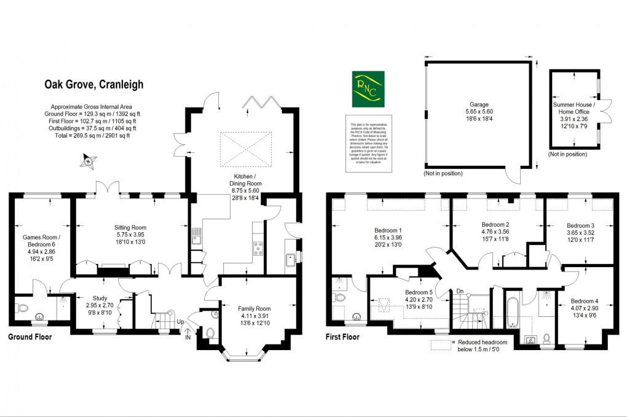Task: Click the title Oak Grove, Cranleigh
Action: click(93, 84)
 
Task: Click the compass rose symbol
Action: click(89, 162)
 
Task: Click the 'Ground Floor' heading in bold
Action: click(30, 337)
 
